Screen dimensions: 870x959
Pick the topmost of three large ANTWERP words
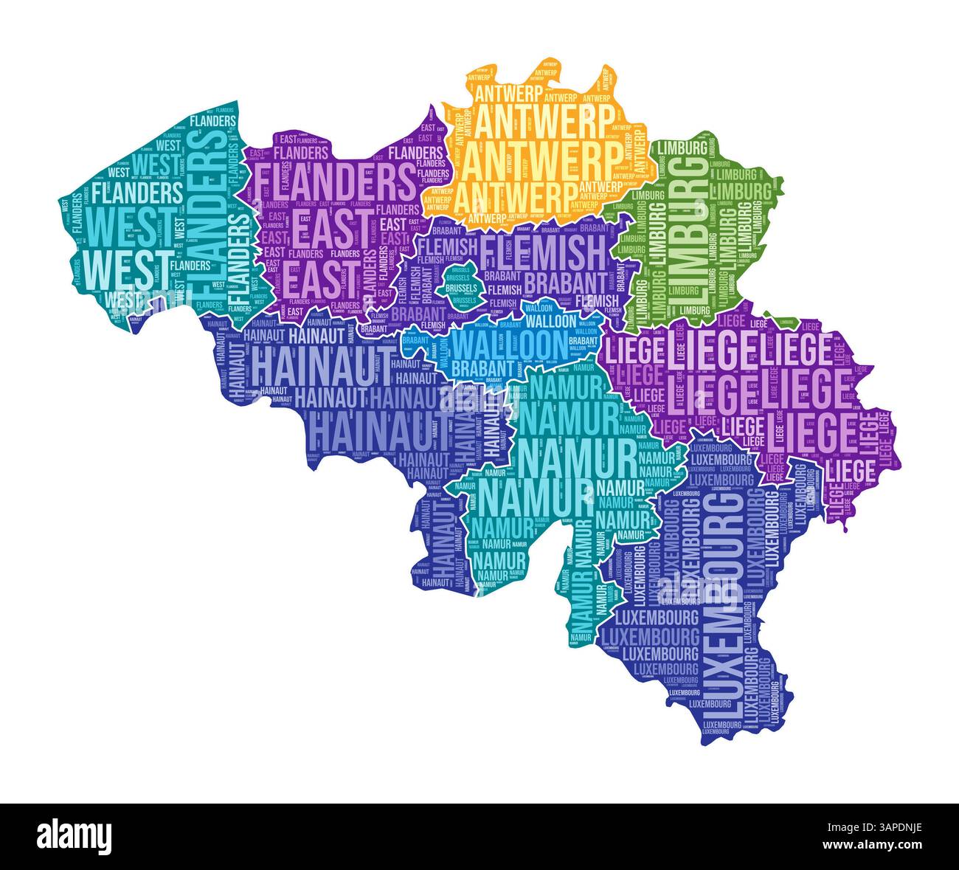pyautogui.click(x=544, y=120)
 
